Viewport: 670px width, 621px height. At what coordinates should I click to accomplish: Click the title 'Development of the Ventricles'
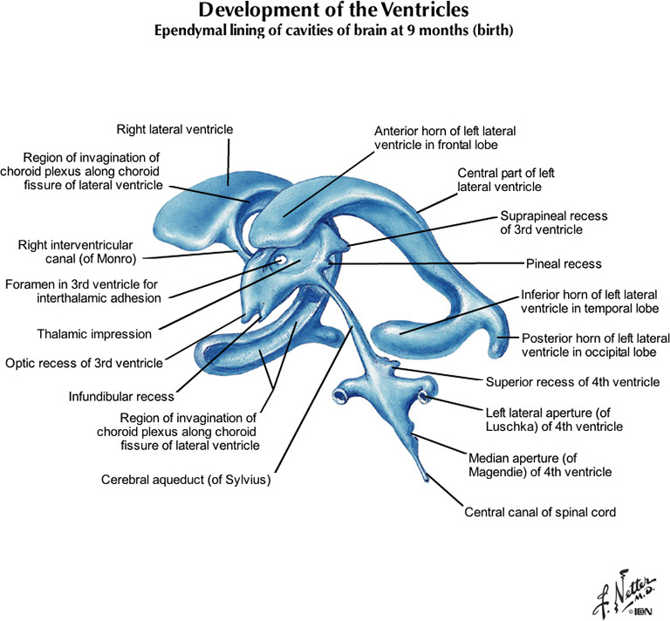point(335,12)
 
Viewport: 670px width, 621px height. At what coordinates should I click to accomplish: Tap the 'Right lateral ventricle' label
point(174,130)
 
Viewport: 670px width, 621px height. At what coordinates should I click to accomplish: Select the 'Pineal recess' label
point(564,263)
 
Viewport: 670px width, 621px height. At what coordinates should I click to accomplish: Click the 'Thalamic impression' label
point(94,333)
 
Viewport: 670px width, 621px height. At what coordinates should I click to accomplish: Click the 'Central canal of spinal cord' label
point(540,512)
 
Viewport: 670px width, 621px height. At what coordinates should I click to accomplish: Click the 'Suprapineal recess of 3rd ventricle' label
point(553,222)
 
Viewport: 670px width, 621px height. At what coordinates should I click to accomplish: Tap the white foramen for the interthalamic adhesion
point(282,259)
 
